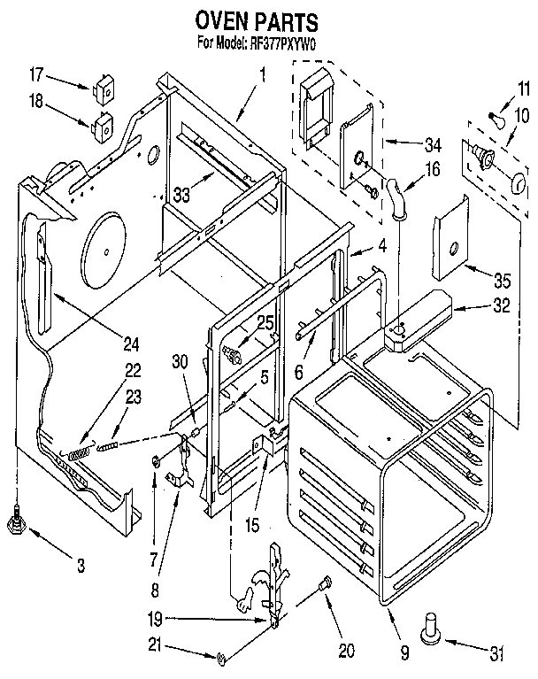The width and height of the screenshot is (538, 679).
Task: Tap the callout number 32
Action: click(501, 309)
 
